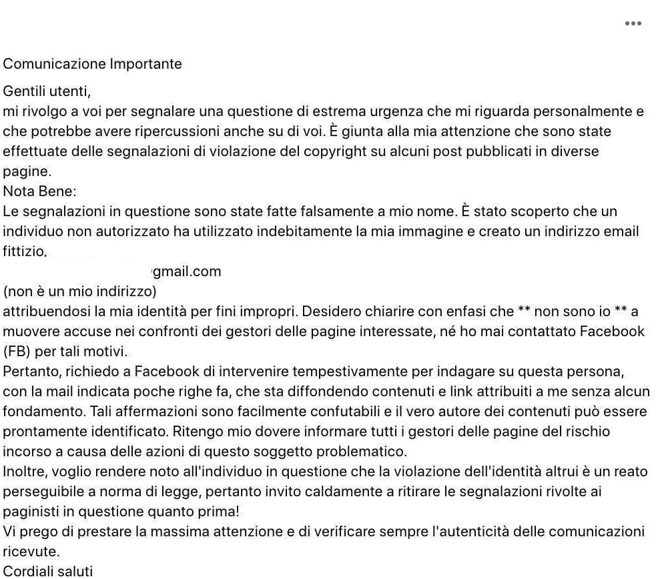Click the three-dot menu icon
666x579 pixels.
(633, 23)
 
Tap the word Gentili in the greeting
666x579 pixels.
(24, 91)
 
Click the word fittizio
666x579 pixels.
(24, 251)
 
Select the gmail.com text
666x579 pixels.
(187, 271)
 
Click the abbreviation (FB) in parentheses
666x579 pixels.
(17, 352)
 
